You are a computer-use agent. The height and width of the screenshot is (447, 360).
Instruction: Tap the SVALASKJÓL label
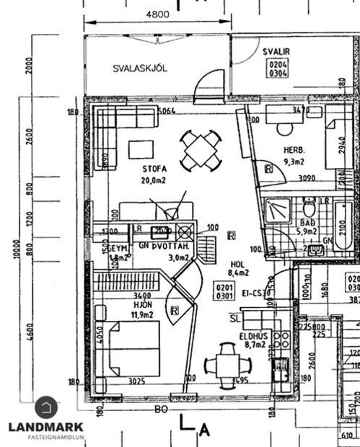pos(140,68)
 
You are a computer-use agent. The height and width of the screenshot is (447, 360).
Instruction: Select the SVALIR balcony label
pos(276,52)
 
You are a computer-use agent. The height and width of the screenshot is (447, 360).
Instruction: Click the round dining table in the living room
pos(200,149)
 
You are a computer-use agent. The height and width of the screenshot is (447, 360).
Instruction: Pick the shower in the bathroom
pos(275,211)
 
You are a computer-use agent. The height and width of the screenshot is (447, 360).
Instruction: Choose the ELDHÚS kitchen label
pos(253,335)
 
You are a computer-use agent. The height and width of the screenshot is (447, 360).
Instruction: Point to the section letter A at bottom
pos(205,431)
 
